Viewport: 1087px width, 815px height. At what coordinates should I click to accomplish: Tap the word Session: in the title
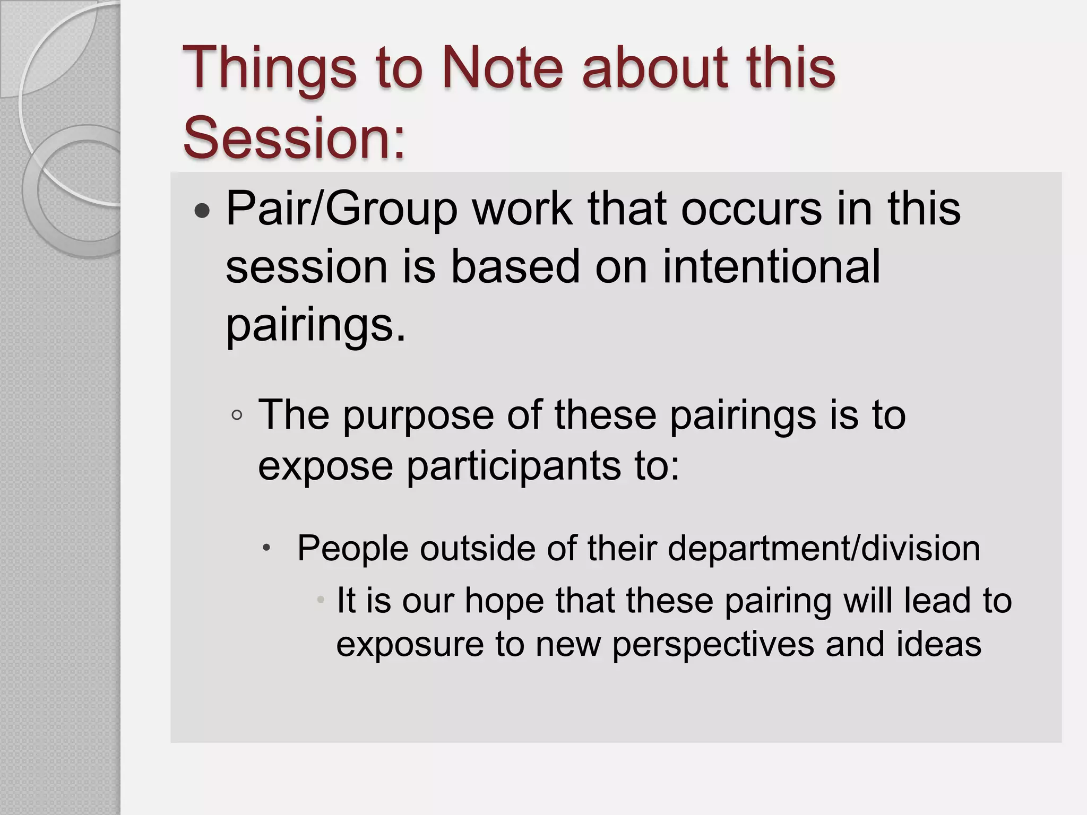tap(294, 137)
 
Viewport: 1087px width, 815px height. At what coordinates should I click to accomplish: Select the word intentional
tap(771, 266)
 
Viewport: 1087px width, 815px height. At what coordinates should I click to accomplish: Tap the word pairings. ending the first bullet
tap(316, 325)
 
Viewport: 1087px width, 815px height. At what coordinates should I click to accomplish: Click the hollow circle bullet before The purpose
tap(237, 415)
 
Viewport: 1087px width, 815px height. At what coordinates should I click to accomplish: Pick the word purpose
tap(419, 415)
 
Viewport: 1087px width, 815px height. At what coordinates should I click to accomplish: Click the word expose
tap(325, 465)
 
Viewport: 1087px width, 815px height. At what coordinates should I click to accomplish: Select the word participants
tap(513, 465)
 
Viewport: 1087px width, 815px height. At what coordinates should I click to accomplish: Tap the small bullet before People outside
tap(267, 547)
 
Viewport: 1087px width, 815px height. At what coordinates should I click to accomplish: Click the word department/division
tap(823, 548)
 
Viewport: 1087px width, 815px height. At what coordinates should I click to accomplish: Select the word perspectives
tap(713, 644)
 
